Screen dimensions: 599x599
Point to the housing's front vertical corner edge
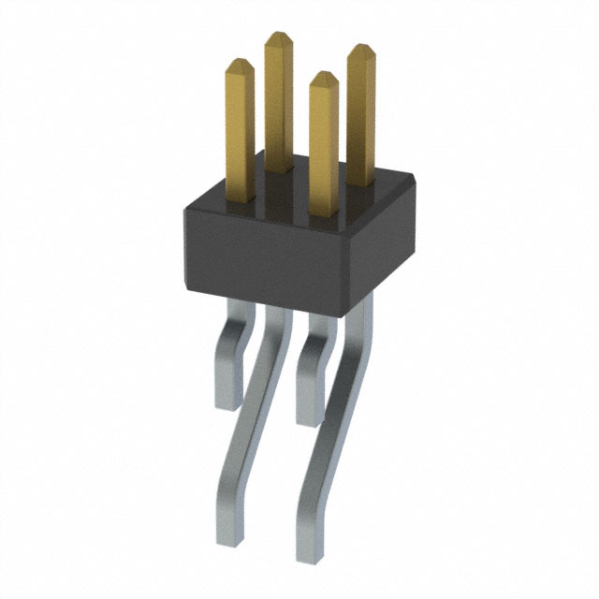pyautogui.click(x=343, y=267)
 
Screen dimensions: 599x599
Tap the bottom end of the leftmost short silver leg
pyautogui.click(x=227, y=402)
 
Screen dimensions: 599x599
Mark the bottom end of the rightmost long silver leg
pyautogui.click(x=311, y=552)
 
